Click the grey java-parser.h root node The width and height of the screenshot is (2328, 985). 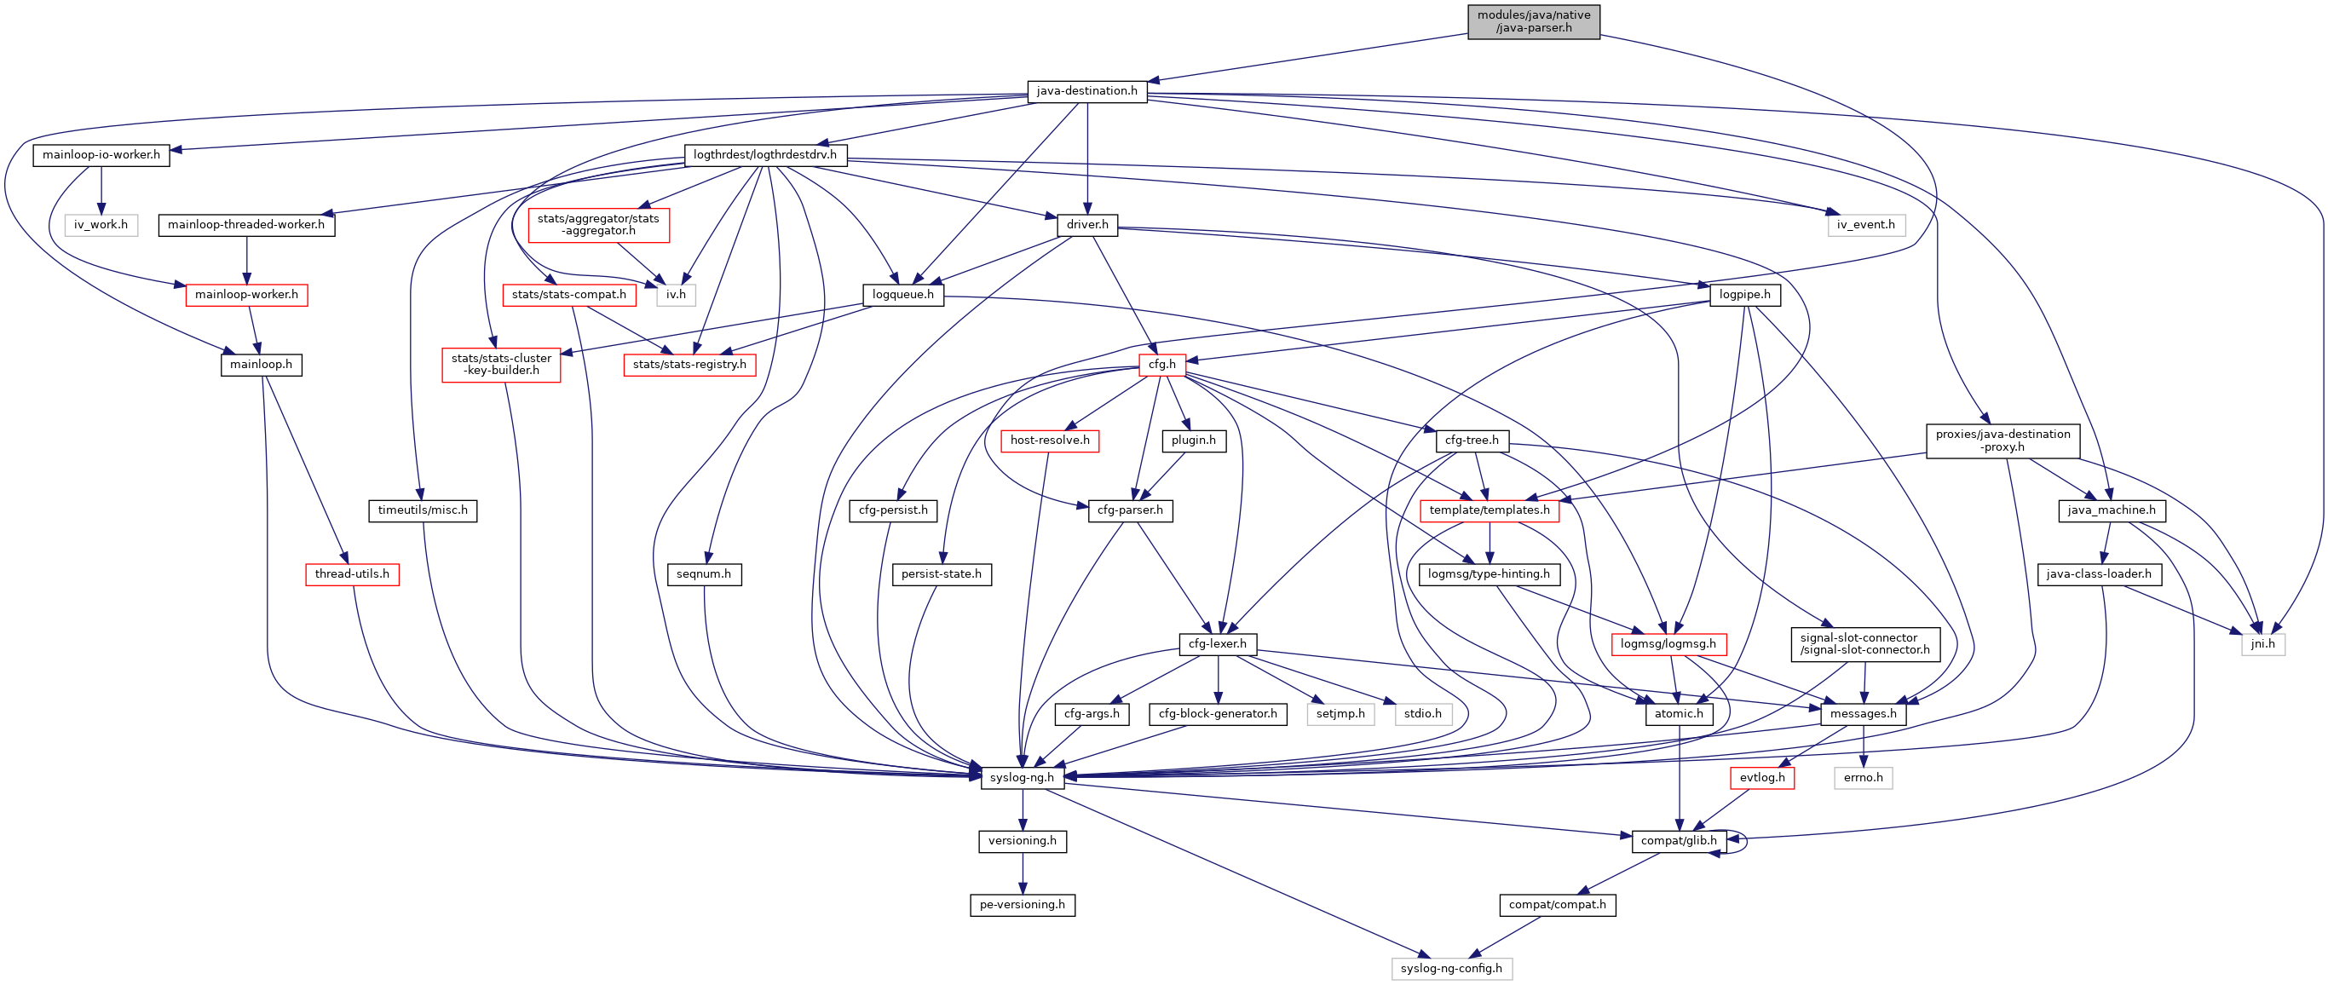[1533, 21]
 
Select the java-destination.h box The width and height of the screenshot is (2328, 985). [1086, 91]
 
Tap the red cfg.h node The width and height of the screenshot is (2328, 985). [1161, 365]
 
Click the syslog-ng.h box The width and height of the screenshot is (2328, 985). [1021, 778]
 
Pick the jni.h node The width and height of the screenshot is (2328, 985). [2262, 644]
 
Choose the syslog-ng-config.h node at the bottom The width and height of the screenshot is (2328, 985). [1450, 969]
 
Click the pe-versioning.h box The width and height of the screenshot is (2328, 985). [1021, 905]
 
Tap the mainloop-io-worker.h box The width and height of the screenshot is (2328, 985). [101, 155]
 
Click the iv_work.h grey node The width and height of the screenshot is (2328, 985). [101, 225]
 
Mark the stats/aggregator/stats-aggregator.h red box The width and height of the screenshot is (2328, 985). [598, 225]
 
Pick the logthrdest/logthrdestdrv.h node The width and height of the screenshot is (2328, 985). [764, 155]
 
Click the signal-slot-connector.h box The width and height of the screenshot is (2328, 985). [1864, 644]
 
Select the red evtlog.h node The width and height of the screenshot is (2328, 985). [1761, 778]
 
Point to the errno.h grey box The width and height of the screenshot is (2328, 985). [1863, 778]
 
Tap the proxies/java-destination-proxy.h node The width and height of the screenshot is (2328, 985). [2002, 441]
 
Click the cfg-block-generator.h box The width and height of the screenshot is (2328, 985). [1218, 714]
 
